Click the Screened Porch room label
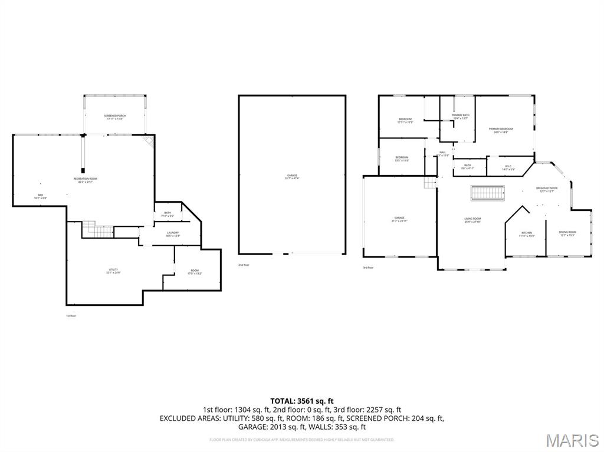[115, 116]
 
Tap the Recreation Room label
[86, 179]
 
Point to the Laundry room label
[173, 233]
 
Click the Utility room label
[113, 270]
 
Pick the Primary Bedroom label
[501, 129]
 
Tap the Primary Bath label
[461, 116]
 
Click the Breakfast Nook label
[547, 189]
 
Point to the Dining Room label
[568, 233]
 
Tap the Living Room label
[472, 219]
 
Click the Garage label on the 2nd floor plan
[292, 176]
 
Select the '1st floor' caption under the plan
[71, 316]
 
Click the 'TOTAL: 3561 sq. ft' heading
[301, 401]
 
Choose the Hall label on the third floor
[442, 153]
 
